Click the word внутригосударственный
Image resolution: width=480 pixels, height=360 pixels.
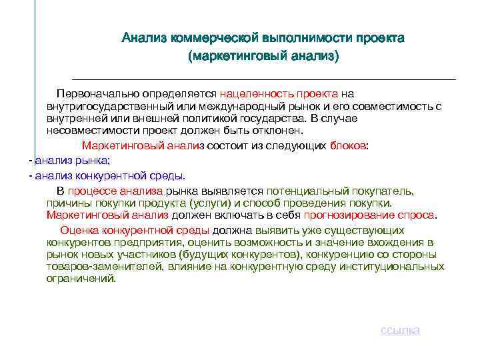pos(107,106)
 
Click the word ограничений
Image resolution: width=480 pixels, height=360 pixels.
pos(81,278)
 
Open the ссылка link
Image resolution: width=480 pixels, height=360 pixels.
pos(400,331)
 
